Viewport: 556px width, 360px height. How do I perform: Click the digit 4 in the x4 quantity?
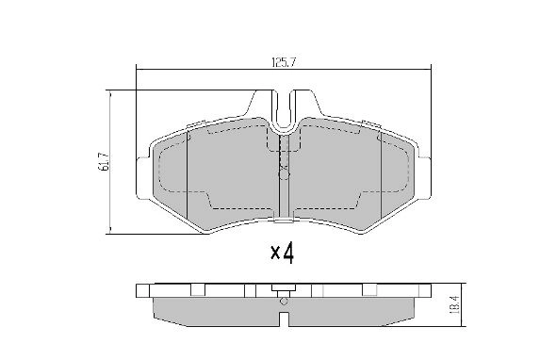pyautogui.click(x=288, y=254)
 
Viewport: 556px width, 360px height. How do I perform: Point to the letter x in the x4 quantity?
pyautogui.click(x=274, y=255)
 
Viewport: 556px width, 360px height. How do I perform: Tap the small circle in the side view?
pyautogui.click(x=283, y=301)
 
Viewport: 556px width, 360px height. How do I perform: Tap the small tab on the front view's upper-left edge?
pyautogui.click(x=195, y=124)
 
